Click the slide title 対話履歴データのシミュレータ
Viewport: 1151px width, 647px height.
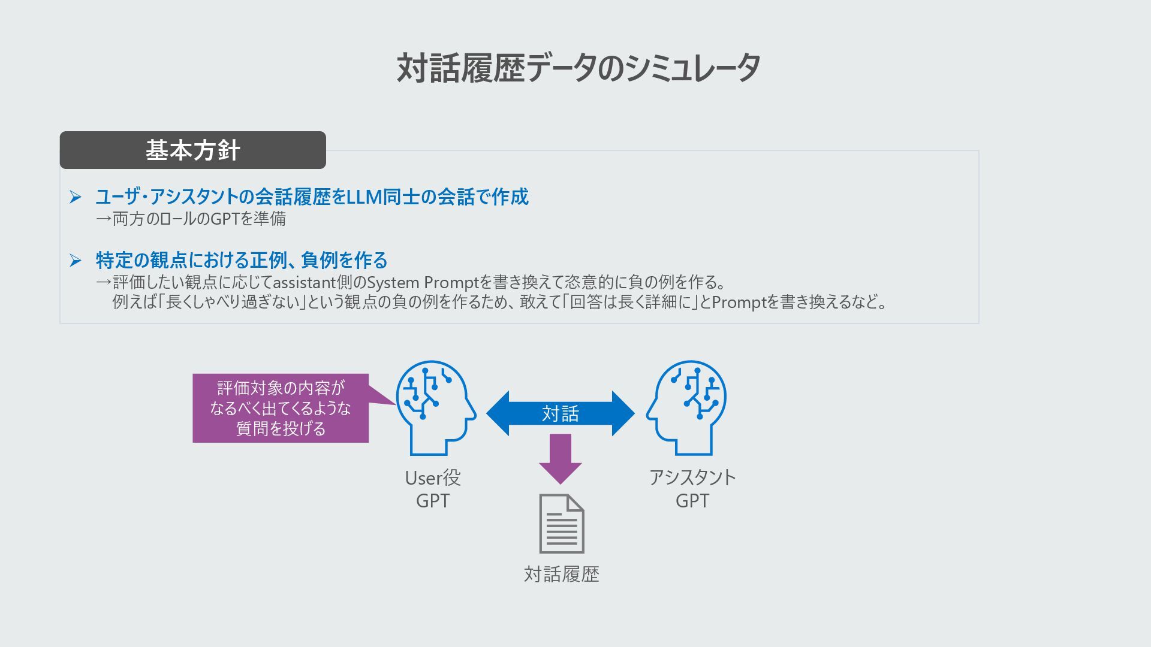tap(578, 68)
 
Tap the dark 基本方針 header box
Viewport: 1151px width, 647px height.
tap(192, 150)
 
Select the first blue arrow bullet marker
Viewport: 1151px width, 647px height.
tap(75, 196)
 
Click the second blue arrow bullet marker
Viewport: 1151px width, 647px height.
tap(75, 260)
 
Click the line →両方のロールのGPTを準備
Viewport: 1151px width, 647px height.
tap(191, 219)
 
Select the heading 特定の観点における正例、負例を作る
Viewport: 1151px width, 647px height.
tap(242, 260)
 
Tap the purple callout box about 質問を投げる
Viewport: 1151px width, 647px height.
tap(281, 408)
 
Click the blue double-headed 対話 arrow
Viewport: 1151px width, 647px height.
tap(560, 413)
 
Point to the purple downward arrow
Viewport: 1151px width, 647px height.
tap(560, 458)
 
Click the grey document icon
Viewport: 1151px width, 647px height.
tap(562, 524)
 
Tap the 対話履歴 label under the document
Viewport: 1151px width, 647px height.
tap(562, 574)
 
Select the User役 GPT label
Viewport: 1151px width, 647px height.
tap(433, 489)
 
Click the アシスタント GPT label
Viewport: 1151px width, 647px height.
tap(692, 489)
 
